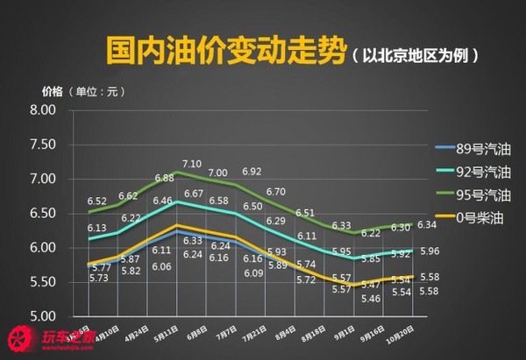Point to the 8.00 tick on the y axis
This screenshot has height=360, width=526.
pos(42,110)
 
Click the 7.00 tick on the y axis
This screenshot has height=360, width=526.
pos(42,180)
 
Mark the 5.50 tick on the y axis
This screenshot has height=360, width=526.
pos(42,282)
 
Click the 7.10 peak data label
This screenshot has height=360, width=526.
pos(192,164)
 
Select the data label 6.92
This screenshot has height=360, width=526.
pos(252,172)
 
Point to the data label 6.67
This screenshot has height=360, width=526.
pos(194,193)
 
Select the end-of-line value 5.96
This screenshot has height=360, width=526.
pos(430,252)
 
